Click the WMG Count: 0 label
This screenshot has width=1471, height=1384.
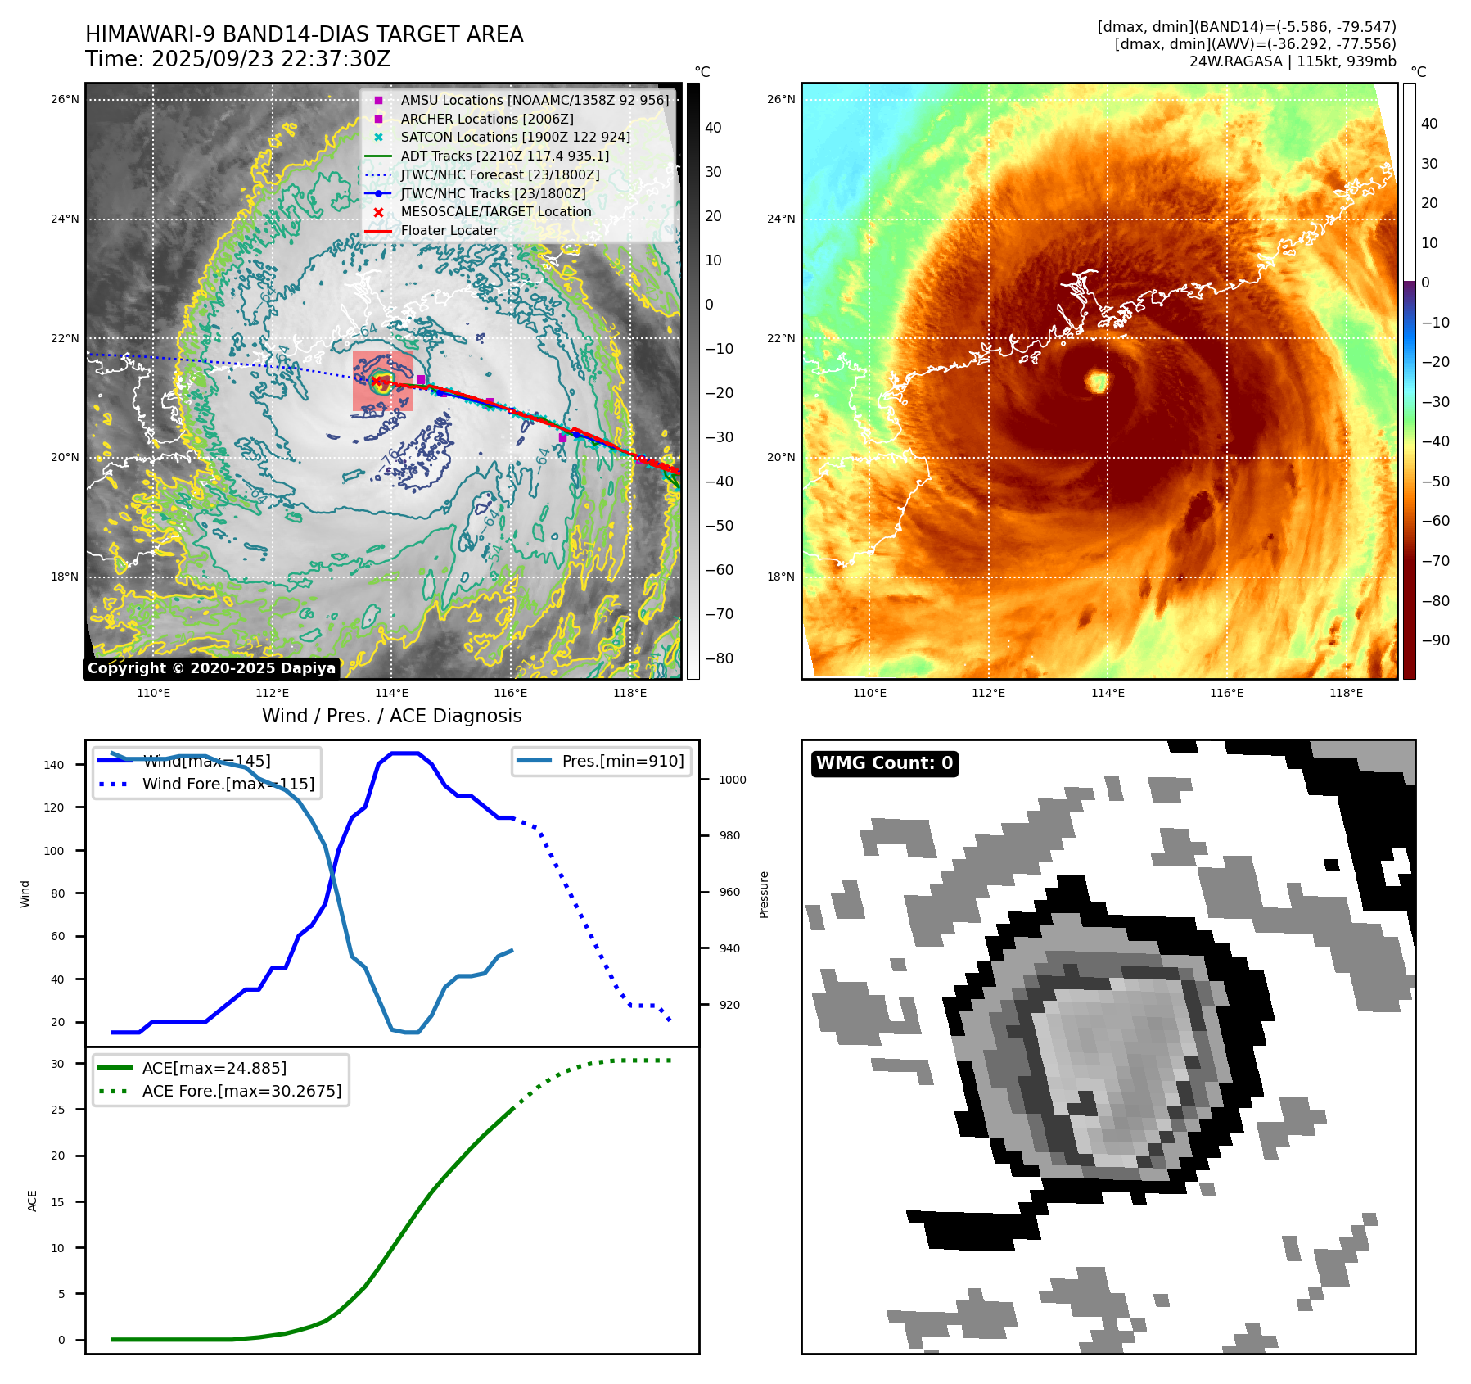(x=884, y=763)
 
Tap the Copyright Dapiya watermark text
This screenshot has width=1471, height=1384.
(x=211, y=668)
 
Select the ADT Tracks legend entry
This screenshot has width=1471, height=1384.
(x=504, y=156)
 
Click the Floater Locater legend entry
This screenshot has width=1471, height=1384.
(x=449, y=230)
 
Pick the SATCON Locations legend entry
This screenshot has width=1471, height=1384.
(x=515, y=137)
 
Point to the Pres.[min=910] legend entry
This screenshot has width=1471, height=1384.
(x=622, y=761)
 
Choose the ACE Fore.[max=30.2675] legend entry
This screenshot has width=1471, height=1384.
(x=241, y=1091)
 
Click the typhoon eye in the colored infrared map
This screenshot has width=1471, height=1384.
(x=1097, y=381)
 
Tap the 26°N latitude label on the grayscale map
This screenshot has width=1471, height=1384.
(x=65, y=100)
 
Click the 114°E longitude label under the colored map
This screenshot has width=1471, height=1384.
(x=1108, y=693)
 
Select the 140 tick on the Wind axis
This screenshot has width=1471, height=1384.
(x=54, y=765)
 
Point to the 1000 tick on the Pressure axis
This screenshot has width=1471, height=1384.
(x=732, y=780)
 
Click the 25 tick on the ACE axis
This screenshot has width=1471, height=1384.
(x=57, y=1110)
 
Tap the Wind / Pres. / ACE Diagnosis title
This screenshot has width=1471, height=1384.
(x=391, y=716)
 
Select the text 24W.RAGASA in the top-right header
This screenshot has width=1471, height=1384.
(x=1235, y=61)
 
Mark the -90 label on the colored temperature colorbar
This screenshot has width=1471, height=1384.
(x=1435, y=640)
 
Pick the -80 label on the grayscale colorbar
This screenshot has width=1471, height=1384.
(x=719, y=658)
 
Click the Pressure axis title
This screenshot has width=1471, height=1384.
(x=764, y=894)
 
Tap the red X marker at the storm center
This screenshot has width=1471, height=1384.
(x=377, y=380)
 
